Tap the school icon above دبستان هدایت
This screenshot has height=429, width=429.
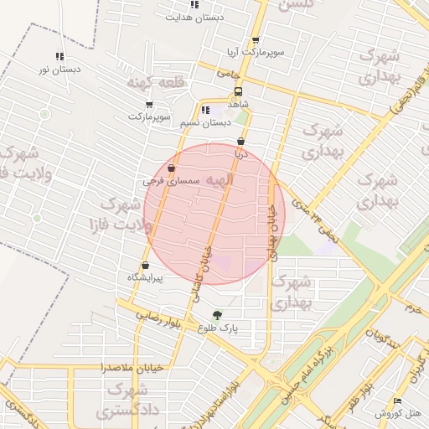[194, 5]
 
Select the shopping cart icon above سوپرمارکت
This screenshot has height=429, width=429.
[149, 105]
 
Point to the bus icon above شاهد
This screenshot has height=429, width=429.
[239, 91]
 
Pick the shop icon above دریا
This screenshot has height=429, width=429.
[241, 142]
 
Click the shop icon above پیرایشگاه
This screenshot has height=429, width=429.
[145, 266]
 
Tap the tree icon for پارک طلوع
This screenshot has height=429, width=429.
[218, 316]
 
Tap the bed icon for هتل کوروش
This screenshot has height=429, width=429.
[397, 401]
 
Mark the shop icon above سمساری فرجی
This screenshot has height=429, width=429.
[171, 168]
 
